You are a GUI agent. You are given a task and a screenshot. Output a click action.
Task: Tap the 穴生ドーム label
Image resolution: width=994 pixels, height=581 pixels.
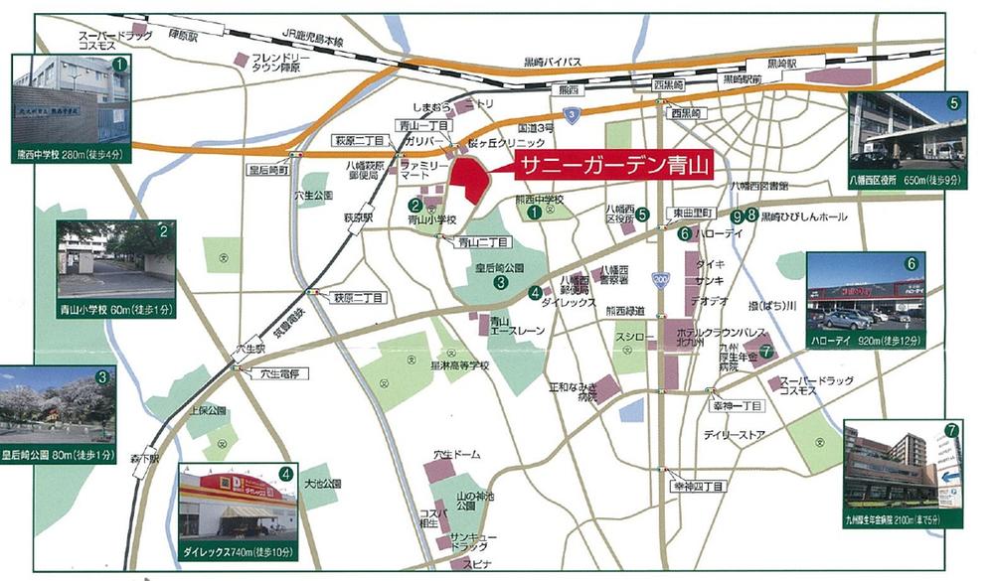[x=456, y=454]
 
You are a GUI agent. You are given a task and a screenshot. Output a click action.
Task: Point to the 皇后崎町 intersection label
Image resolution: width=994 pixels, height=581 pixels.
[x=268, y=170]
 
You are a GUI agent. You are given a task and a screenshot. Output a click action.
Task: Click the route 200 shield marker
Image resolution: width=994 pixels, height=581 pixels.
[x=662, y=278]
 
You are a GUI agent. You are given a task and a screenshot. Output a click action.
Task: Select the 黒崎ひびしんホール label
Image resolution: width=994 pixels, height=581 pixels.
[x=804, y=216]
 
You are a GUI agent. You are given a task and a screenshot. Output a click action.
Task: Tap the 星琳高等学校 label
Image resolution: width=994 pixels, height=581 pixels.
[x=459, y=365]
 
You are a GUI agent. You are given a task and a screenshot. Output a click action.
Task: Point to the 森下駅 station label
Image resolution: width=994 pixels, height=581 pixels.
[x=145, y=458]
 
